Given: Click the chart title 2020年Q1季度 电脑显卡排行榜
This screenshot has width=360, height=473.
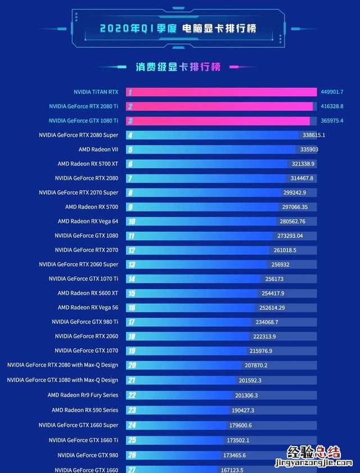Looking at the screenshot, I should point(178,28).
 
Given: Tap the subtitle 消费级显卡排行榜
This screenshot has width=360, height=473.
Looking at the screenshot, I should point(178,67).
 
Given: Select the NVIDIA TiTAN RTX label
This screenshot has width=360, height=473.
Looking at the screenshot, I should point(96,92).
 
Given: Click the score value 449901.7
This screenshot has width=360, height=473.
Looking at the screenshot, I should point(332,92).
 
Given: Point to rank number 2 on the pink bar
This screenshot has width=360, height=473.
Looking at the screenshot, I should point(130,106).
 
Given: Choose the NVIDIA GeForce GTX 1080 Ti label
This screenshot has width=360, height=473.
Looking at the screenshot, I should point(83,120).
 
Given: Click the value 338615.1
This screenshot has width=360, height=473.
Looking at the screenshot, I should point(313,135).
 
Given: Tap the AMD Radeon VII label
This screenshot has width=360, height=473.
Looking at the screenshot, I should point(98,150).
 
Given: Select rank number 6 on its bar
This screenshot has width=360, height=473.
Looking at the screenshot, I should point(130,164).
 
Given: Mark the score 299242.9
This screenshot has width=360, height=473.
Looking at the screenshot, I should point(294,192).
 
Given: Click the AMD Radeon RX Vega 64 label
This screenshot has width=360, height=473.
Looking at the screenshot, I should point(88,221).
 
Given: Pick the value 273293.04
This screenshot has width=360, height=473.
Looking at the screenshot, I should point(290,236).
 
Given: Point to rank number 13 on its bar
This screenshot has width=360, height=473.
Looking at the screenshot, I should point(131,264).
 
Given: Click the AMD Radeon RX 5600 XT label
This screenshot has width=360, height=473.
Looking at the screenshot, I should point(88,293).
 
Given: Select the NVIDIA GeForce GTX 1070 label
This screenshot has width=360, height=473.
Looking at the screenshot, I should point(87,350).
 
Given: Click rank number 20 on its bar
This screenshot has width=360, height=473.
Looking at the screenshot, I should point(132,365).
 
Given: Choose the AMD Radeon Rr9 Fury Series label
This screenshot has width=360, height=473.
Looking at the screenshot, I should point(83,395).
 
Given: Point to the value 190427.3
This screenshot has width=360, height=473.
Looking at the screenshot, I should point(242,410).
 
